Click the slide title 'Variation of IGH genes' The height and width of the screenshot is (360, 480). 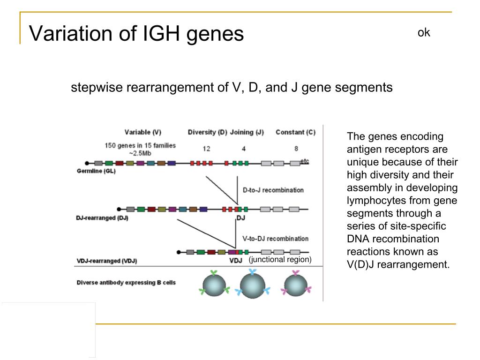coord(136,34)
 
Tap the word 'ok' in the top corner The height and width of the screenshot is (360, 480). coord(424,32)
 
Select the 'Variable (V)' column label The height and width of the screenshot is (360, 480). coord(143,132)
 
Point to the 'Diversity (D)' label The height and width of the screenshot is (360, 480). coord(207,132)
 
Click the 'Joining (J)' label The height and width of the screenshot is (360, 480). coord(247,132)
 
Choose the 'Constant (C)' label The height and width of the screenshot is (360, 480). coord(295,132)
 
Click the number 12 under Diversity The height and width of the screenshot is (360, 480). coord(206,149)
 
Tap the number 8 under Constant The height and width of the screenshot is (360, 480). coord(296,149)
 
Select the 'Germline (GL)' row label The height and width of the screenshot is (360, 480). coord(96,171)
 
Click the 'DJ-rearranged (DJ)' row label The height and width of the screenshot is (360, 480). coord(102,218)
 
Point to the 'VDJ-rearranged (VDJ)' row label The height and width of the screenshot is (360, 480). coord(106,261)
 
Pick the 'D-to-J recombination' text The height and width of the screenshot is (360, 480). coord(273,190)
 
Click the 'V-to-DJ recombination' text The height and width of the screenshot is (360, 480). coord(276,239)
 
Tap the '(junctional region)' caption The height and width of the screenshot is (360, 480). coord(280,259)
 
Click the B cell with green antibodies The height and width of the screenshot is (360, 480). coord(214,285)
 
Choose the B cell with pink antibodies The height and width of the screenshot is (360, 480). coord(296,285)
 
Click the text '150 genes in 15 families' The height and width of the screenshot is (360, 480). coord(140,145)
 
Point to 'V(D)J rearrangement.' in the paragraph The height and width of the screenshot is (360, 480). coord(398,264)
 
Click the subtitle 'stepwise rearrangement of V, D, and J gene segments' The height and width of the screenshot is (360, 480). coord(232,88)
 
